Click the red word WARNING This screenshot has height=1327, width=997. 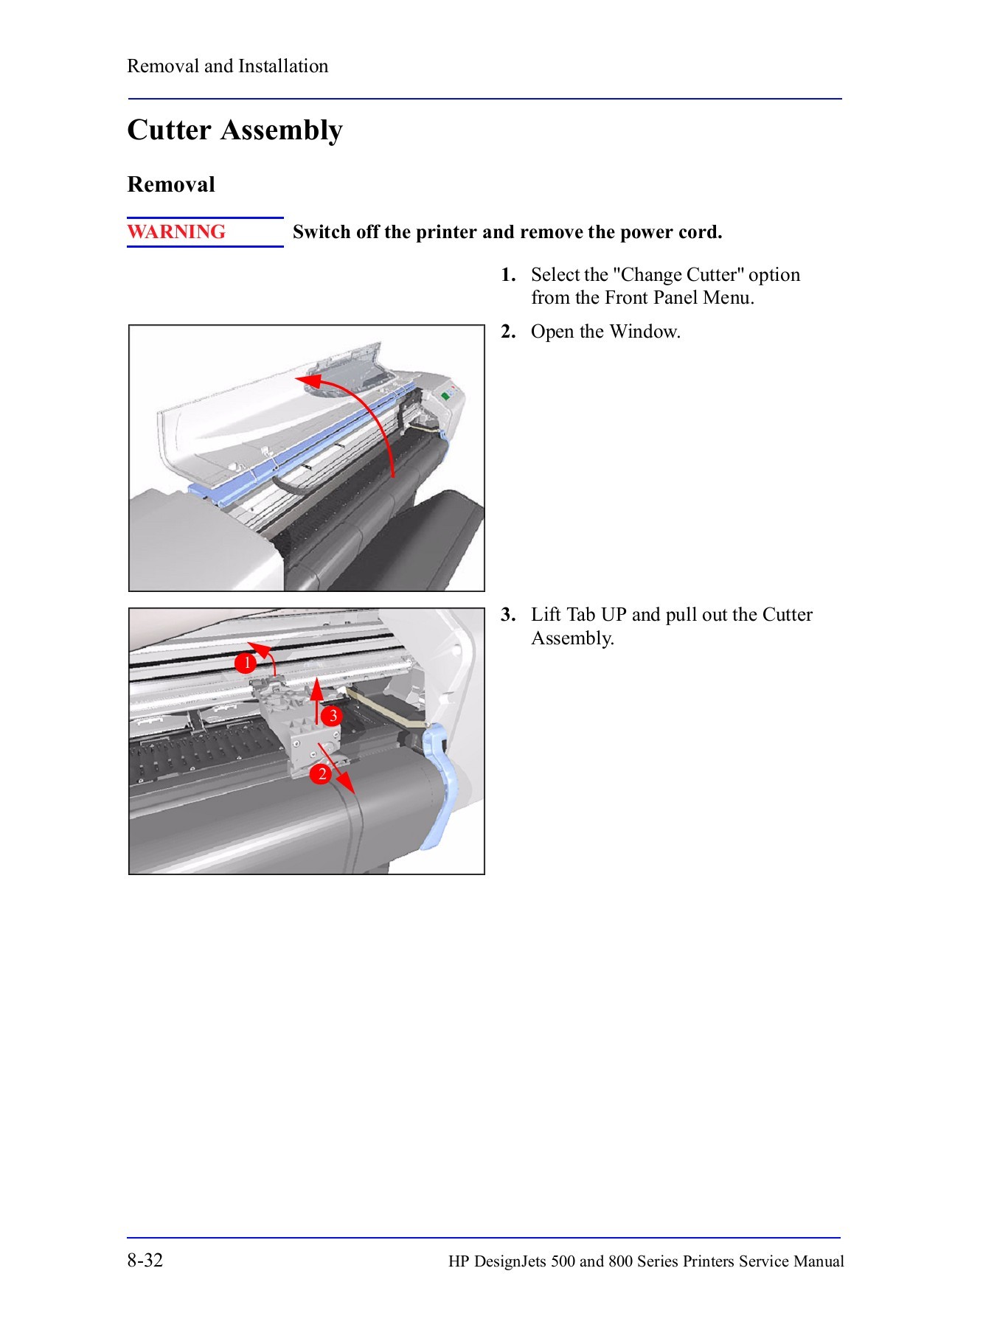pos(176,232)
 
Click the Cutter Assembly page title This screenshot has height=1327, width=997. pos(235,130)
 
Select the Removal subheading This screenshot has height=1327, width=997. pos(171,184)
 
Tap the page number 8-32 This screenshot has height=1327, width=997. pos(145,1260)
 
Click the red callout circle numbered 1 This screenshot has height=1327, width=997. pos(246,663)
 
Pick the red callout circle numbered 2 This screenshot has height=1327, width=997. pos(321,774)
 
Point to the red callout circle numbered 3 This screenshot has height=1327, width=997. pos(333,716)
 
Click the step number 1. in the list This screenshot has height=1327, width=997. pos(508,275)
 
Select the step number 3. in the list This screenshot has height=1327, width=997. pos(508,615)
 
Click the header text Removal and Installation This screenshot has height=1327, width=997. pos(227,66)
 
